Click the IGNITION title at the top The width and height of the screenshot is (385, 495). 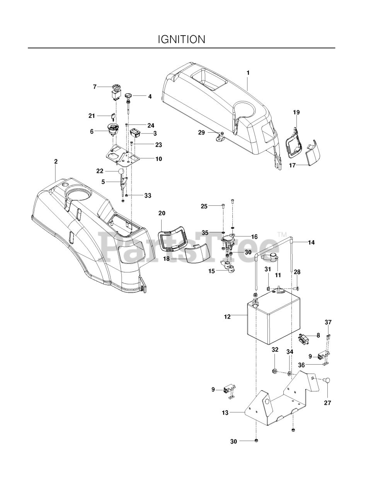(x=181, y=39)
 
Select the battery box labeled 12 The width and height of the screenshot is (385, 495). (x=273, y=315)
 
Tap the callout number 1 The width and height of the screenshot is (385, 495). (x=248, y=73)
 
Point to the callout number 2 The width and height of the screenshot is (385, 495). (x=56, y=161)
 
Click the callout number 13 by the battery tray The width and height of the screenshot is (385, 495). (x=225, y=413)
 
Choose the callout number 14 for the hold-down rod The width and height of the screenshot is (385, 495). (x=311, y=242)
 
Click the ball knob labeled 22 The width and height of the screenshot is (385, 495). (x=120, y=171)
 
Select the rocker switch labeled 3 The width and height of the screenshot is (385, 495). (x=135, y=133)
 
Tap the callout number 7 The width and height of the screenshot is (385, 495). (x=95, y=87)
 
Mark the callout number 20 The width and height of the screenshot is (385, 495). (x=162, y=213)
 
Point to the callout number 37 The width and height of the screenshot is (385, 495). (x=328, y=322)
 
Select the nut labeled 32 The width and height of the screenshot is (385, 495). (x=274, y=372)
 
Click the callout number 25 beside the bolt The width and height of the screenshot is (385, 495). (x=204, y=207)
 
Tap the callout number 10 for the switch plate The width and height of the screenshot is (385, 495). (x=158, y=159)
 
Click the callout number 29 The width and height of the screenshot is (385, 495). (x=201, y=132)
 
